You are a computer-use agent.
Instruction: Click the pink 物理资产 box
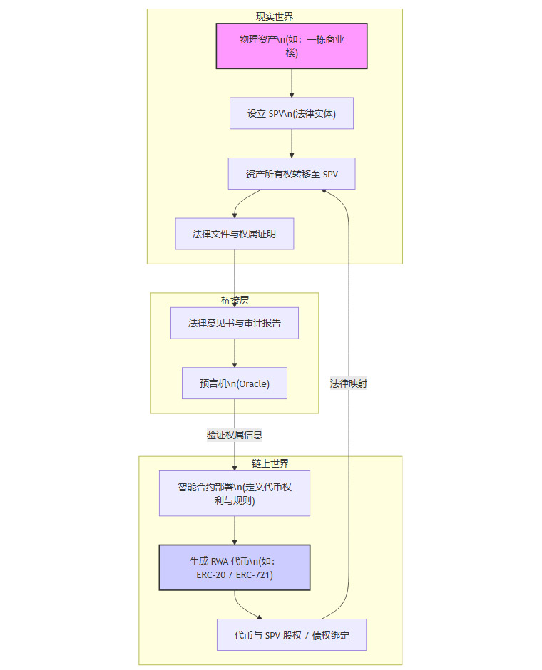292,46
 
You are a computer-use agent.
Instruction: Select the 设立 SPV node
292,113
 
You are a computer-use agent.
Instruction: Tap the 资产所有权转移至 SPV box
292,173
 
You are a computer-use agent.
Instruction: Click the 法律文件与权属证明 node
235,234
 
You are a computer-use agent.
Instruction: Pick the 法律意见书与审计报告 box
235,323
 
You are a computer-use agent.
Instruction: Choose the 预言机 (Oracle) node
235,383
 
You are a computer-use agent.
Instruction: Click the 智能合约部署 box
235,493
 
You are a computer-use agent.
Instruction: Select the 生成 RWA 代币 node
235,568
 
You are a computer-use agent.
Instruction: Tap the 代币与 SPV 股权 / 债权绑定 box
292,634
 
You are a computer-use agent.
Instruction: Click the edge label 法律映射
349,383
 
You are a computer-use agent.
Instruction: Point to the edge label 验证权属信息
235,434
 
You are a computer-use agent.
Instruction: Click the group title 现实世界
275,16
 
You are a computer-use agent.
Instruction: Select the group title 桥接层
235,300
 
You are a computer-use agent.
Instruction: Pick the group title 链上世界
270,463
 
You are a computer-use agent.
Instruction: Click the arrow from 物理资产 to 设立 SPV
292,83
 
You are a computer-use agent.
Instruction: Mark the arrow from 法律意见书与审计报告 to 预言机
235,353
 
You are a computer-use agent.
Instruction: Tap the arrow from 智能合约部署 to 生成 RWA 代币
235,530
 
